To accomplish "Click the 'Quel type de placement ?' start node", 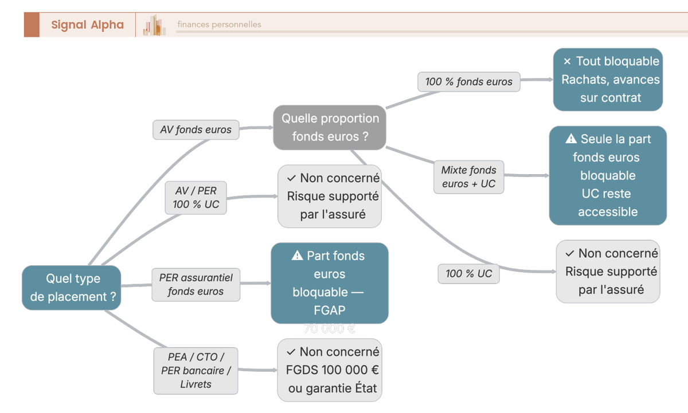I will pos(72,288).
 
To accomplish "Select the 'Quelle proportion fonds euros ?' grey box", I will pos(330,127).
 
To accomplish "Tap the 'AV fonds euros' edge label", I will pos(196,130).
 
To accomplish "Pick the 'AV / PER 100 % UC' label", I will pos(196,198).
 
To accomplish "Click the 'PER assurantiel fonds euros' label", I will pos(196,285).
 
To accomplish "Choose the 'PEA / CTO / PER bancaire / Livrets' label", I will pos(196,371).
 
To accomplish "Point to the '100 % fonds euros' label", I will pos(468,82).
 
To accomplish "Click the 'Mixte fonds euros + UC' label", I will pos(468,177).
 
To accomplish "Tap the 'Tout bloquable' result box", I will pos(608,80).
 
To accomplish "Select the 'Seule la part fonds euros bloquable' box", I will pos(608,175).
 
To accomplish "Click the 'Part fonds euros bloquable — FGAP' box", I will pos(329,283).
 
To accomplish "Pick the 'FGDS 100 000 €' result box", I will pos(330,370).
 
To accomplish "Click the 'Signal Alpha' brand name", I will pos(87,25).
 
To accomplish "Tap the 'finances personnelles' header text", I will pos(219,25).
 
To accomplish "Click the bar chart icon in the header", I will pos(154,25).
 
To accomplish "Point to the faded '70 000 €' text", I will pos(329,329).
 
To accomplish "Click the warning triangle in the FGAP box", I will pos(297,256).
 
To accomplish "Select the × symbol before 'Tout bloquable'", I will pos(567,61).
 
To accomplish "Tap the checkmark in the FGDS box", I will pos(291,352).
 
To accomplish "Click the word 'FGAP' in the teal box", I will pos(329,310).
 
